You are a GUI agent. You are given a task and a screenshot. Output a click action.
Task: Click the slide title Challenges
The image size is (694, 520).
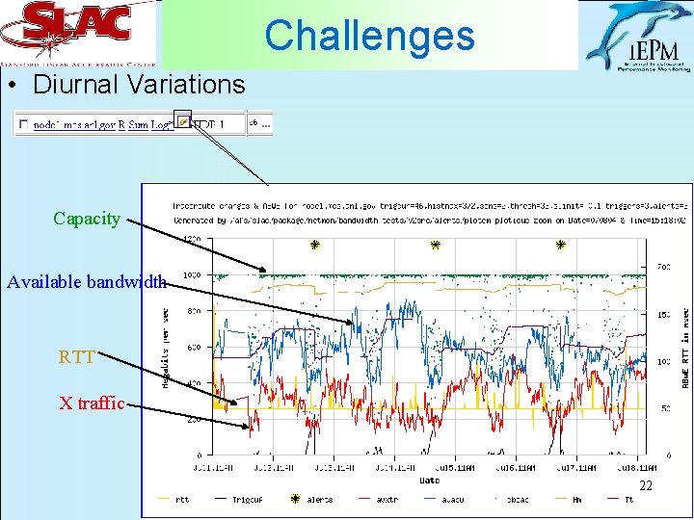(370, 36)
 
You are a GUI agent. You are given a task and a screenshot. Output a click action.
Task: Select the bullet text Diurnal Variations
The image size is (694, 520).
(139, 85)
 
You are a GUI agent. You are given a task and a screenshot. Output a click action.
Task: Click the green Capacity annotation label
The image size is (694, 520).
(87, 219)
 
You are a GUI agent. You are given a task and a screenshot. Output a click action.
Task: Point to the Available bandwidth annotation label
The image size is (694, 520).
(87, 282)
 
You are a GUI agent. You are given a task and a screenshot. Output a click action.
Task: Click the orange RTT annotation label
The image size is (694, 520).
(77, 358)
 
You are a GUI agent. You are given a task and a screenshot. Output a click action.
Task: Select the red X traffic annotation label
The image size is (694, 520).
(92, 403)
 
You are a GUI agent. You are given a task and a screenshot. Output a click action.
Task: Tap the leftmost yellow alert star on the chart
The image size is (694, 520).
(314, 245)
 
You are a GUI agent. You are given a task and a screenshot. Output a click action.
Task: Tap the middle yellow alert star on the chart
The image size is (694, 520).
(436, 245)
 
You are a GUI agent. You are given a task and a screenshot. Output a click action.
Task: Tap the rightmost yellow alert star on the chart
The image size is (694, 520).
(561, 245)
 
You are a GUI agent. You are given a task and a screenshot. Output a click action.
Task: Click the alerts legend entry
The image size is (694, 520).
(314, 500)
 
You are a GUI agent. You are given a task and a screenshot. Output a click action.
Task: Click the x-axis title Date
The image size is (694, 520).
(430, 480)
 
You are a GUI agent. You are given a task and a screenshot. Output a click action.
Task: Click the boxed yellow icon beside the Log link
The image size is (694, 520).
(184, 122)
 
